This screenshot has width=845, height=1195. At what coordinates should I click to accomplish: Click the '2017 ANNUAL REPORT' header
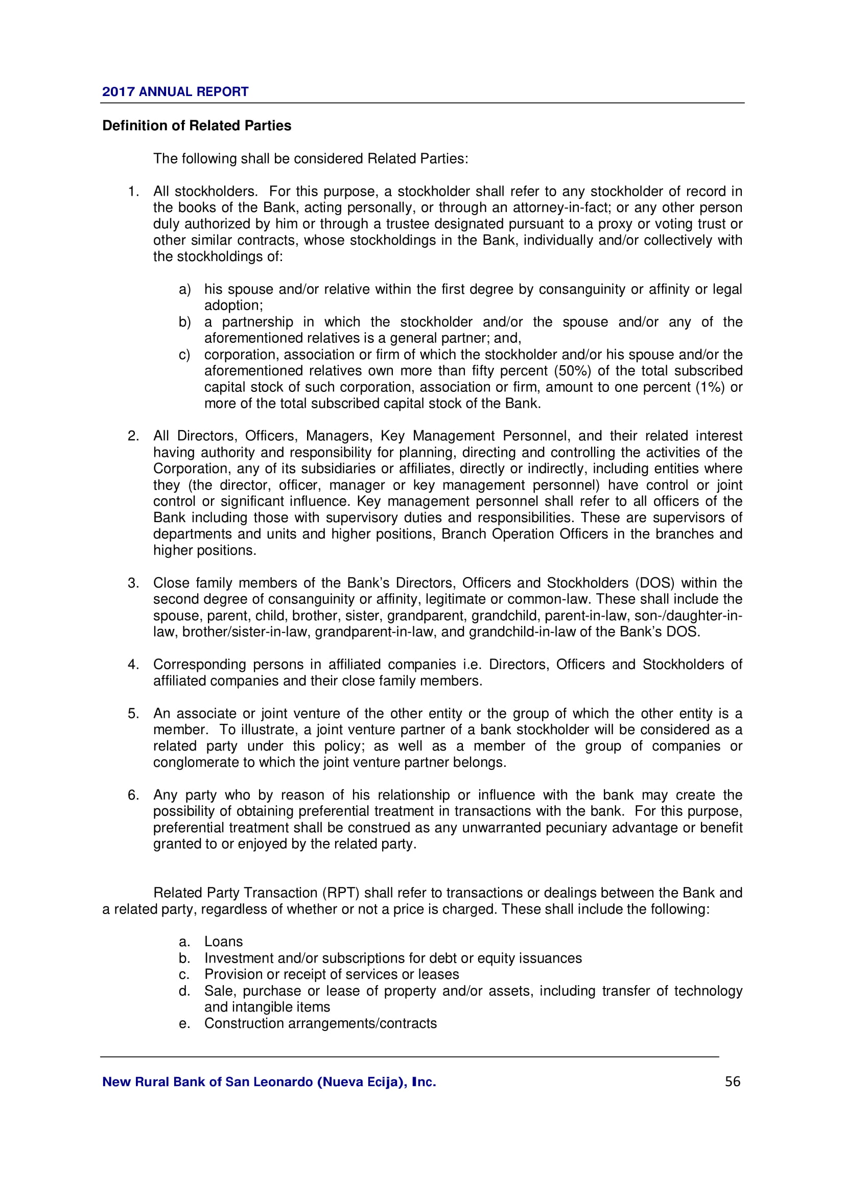point(175,91)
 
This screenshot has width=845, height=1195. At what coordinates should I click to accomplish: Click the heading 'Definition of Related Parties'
point(197,126)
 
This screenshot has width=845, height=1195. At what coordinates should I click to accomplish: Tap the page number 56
point(732,1082)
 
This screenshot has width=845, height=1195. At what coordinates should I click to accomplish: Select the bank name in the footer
point(269,1082)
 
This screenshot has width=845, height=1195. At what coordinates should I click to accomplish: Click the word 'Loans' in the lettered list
point(223,942)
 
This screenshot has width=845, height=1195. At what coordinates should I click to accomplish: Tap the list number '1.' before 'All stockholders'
point(133,192)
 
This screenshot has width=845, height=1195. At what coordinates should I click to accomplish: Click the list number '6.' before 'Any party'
point(133,795)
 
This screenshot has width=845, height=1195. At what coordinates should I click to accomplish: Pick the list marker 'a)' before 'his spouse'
point(185,289)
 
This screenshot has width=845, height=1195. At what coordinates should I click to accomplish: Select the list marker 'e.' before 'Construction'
point(184,1023)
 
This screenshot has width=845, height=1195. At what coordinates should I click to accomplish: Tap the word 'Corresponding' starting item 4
point(199,665)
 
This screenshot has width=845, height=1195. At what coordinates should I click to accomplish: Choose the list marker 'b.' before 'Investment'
point(184,958)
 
